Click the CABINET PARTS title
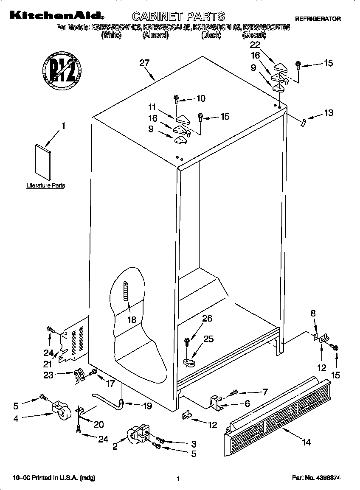(178, 17)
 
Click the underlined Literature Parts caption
(45, 185)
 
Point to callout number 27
(145, 63)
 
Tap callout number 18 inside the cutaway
(132, 320)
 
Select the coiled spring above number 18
(126, 291)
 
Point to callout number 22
(255, 44)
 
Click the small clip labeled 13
(303, 122)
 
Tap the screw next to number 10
(176, 99)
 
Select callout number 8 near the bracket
(313, 314)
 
